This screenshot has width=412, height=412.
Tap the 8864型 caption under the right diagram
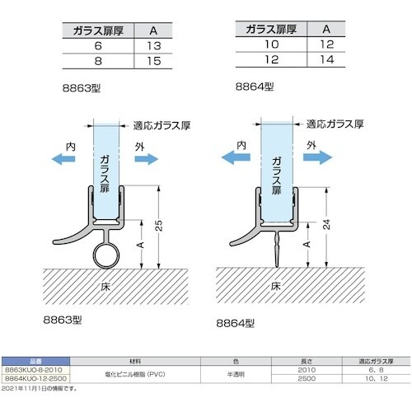[236, 324]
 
